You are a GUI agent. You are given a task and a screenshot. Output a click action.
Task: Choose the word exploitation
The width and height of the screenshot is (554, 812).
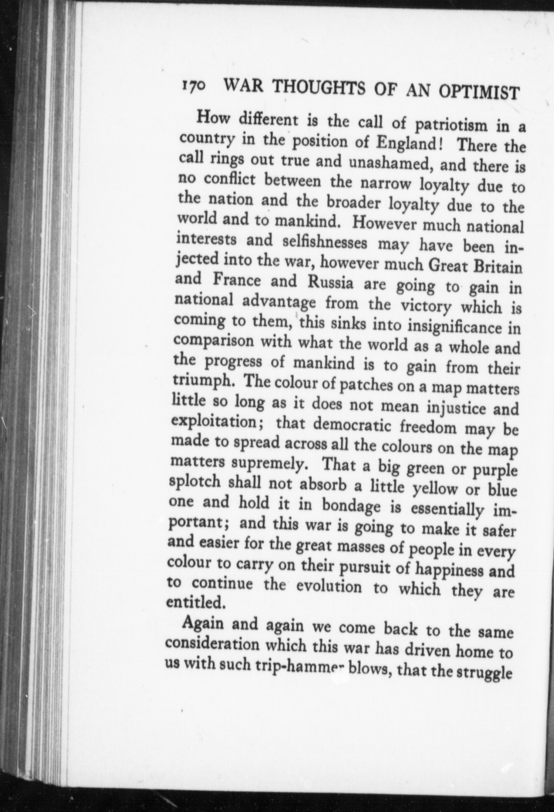(216, 422)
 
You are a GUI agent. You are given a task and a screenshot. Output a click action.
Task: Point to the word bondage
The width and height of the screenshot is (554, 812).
(354, 506)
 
